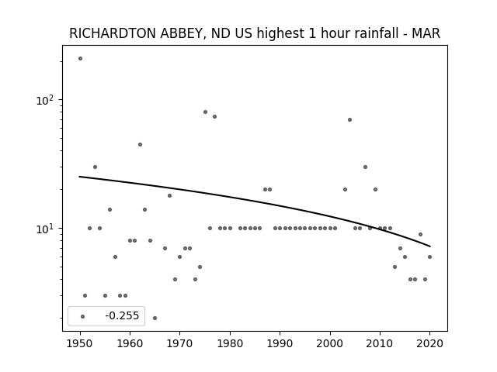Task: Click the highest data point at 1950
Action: pyautogui.click(x=80, y=59)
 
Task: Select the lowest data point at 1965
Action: pyautogui.click(x=155, y=318)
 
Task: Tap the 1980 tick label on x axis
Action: pyautogui.click(x=230, y=343)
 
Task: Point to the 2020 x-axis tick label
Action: pyautogui.click(x=429, y=343)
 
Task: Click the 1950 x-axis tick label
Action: pyautogui.click(x=80, y=343)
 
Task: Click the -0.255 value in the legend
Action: pyautogui.click(x=122, y=315)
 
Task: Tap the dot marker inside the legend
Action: pyautogui.click(x=83, y=316)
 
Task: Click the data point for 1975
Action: pyautogui.click(x=205, y=112)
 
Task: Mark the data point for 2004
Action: pyautogui.click(x=349, y=119)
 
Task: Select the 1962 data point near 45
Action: pyautogui.click(x=140, y=145)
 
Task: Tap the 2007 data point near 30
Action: pyautogui.click(x=365, y=167)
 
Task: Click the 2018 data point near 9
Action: pyautogui.click(x=420, y=234)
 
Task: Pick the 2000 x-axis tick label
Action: pyautogui.click(x=329, y=343)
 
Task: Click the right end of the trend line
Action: pyautogui.click(x=429, y=246)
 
